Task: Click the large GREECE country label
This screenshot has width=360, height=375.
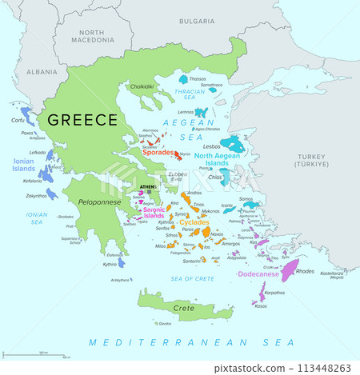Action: [82, 120]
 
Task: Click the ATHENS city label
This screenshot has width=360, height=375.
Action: [147, 188]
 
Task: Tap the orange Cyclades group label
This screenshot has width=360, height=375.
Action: [195, 222]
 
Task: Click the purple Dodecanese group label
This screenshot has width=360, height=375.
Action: [258, 273]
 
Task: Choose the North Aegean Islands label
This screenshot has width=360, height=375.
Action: [216, 160]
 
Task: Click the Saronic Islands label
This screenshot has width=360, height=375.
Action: [153, 212]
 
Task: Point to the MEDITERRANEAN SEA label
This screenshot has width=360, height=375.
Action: [191, 341]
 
